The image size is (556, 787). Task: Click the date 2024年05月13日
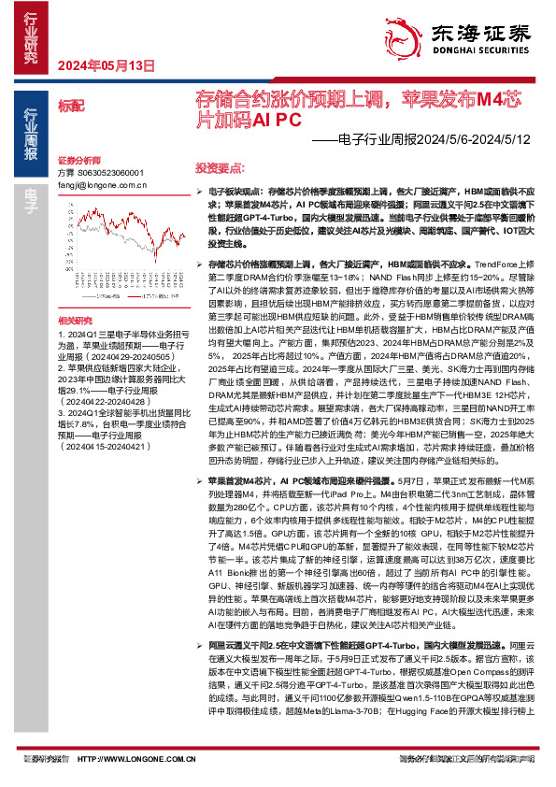106,65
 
